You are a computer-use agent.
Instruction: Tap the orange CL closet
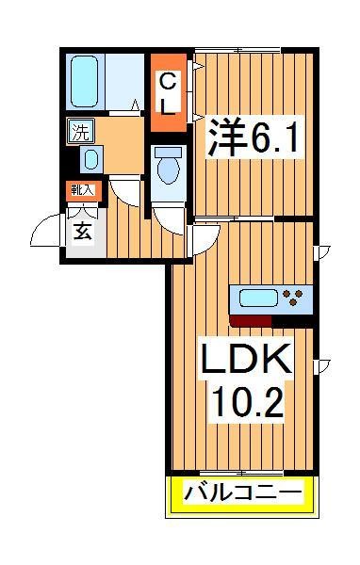coord(166,94)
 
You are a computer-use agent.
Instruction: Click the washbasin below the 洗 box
coord(90,158)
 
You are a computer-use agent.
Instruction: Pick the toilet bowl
coord(170,167)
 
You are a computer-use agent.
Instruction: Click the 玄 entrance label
coord(84,231)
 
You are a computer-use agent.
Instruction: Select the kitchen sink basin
coord(259,300)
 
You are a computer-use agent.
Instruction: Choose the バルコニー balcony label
coord(243,492)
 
